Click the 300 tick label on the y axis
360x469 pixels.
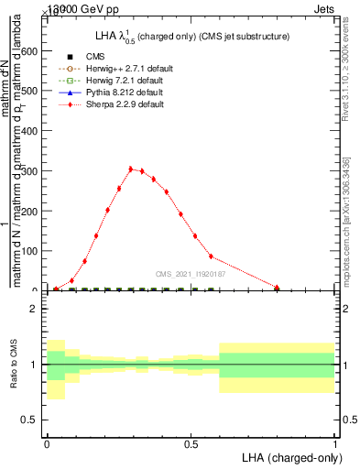(28, 171)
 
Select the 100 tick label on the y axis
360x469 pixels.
(28, 251)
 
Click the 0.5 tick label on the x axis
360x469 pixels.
(191, 444)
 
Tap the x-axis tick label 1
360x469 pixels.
(335, 444)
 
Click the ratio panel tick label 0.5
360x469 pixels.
(28, 420)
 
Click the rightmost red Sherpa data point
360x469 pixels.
(277, 288)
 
